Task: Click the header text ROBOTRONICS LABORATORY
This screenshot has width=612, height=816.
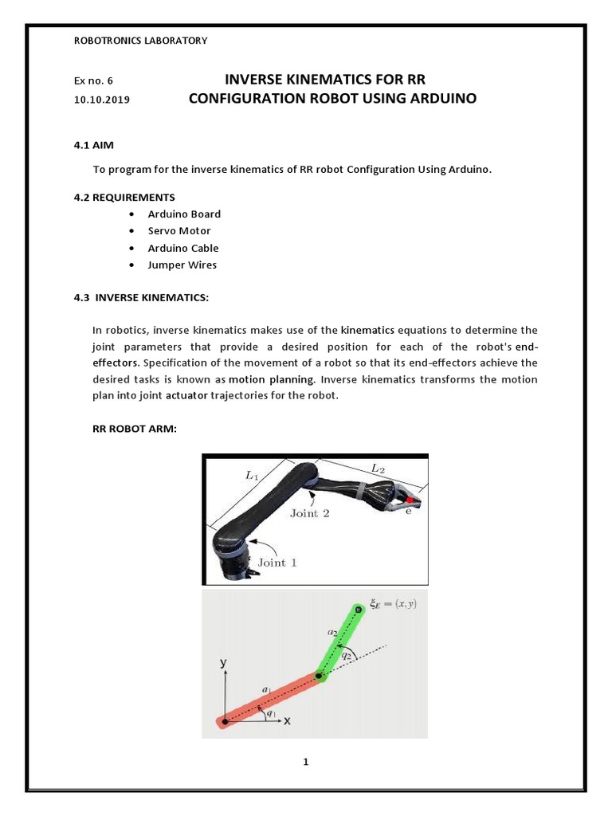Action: point(139,41)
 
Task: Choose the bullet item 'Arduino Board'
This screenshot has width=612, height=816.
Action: point(184,214)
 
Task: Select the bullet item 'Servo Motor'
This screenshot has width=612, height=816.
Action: point(179,231)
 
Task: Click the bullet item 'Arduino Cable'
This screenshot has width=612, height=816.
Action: point(182,248)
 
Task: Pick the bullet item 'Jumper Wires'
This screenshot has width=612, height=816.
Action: point(182,265)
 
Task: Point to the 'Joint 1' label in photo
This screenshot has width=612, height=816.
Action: point(277,562)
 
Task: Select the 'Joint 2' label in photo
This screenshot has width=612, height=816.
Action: point(309,513)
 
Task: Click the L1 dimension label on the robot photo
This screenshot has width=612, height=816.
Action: point(251,477)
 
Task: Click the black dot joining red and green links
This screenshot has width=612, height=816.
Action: point(320,677)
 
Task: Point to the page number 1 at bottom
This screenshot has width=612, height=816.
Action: point(305,762)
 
